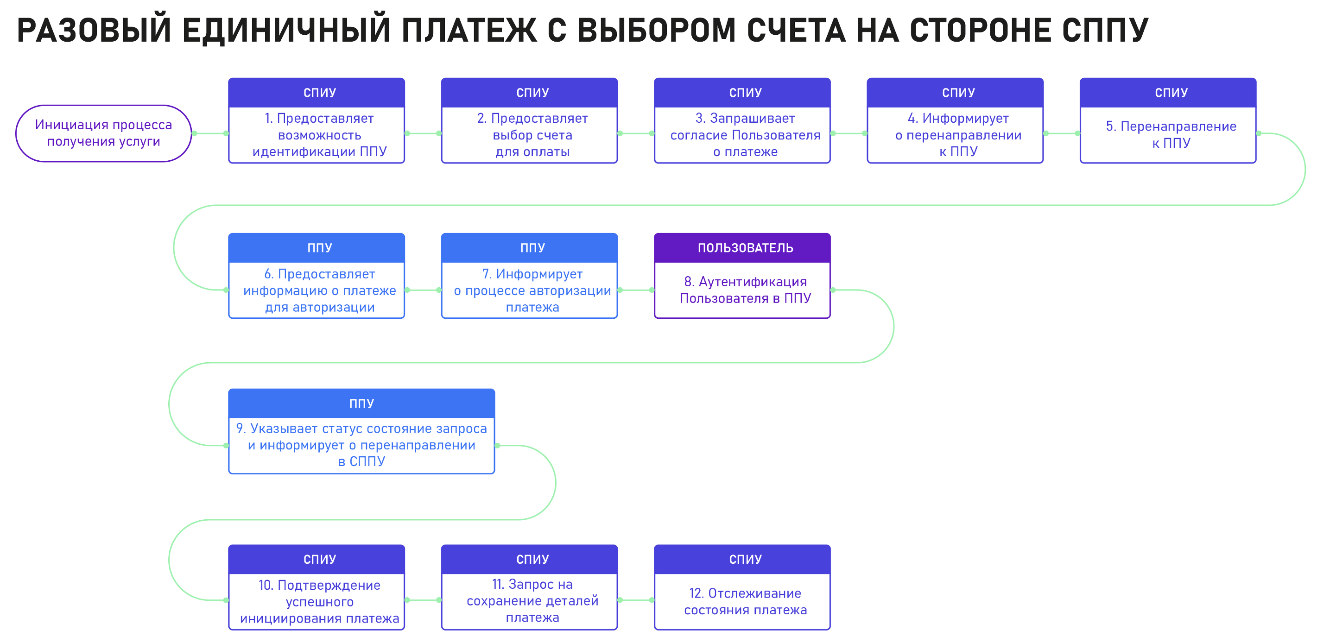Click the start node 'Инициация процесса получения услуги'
(x=104, y=133)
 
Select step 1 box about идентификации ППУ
(x=317, y=120)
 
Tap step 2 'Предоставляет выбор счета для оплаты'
(x=529, y=120)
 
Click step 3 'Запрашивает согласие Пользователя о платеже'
(x=742, y=120)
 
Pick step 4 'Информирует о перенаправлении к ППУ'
(x=955, y=120)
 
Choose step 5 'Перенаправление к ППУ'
(x=1168, y=120)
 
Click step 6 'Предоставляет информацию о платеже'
(x=317, y=276)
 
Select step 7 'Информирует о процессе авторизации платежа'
(x=529, y=276)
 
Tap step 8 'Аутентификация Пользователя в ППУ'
(x=742, y=276)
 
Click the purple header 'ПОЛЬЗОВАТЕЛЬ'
(x=742, y=248)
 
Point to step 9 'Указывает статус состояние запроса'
(x=361, y=431)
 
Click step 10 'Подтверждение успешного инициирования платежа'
(x=317, y=587)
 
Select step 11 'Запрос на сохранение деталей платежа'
(x=529, y=587)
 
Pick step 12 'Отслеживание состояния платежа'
(x=742, y=587)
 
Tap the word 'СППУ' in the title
(x=1105, y=30)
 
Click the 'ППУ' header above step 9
(x=361, y=403)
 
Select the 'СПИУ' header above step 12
(x=742, y=559)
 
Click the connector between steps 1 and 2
(x=423, y=133)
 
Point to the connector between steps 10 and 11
(x=423, y=600)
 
